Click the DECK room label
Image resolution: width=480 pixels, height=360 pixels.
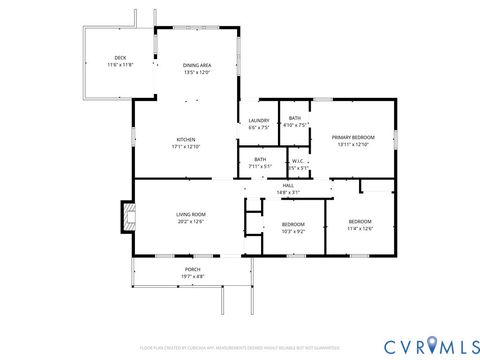[120, 58]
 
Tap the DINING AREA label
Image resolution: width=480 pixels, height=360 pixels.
[196, 65]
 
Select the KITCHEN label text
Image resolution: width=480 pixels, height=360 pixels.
[186, 139]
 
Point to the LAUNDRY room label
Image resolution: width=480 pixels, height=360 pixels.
[259, 121]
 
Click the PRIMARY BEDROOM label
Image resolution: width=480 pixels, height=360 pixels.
[354, 138]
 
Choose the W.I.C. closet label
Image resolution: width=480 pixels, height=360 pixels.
[298, 160]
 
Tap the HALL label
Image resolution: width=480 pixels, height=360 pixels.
[288, 185]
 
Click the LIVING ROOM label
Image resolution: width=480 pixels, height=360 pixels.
[191, 214]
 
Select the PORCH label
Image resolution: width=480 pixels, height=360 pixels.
[192, 269]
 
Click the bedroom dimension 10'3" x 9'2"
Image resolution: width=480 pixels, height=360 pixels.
[293, 231]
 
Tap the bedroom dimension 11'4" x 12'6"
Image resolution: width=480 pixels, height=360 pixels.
[360, 228]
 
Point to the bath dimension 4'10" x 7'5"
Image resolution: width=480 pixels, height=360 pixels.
[295, 125]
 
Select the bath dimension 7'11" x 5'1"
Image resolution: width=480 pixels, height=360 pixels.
[260, 167]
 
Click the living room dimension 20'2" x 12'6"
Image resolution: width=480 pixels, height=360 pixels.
[191, 221]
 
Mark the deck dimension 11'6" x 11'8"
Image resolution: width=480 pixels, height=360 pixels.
[120, 65]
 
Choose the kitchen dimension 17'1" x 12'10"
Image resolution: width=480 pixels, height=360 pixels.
[186, 146]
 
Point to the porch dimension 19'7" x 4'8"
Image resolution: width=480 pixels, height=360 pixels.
[192, 276]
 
